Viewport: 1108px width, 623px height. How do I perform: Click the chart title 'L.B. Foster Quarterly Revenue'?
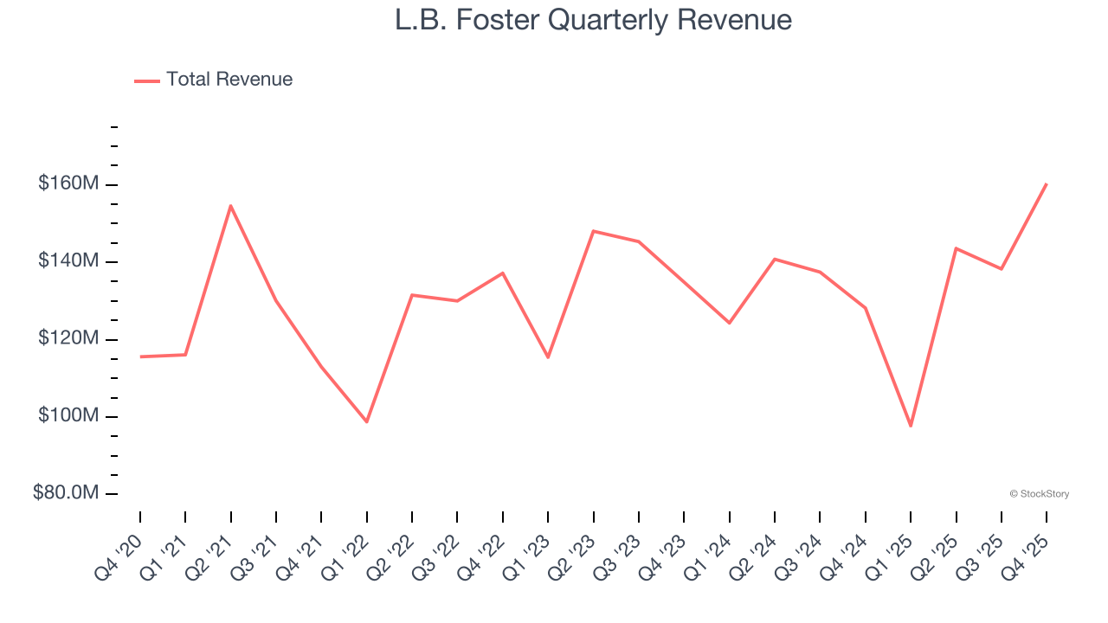point(593,20)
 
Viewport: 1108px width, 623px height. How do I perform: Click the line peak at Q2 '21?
point(230,206)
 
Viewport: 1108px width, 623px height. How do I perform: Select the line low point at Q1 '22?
point(367,421)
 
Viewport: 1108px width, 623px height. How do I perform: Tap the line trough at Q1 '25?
point(911,426)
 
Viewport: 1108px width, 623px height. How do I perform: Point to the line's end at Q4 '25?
point(1047,184)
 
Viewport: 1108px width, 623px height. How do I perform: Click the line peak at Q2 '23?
point(593,231)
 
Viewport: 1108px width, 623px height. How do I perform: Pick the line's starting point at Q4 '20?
point(140,356)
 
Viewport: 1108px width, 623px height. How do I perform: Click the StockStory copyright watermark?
point(1039,494)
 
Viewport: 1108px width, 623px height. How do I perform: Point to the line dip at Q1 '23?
point(548,357)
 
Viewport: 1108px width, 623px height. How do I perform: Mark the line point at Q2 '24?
point(775,259)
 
